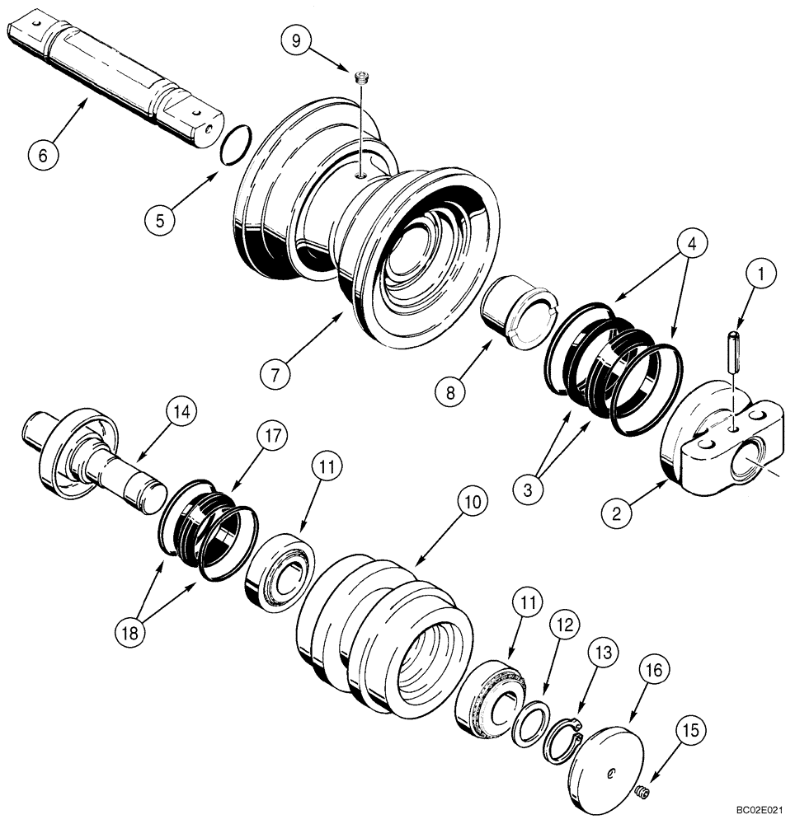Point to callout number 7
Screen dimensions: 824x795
[x=275, y=374]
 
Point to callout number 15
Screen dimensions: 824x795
[x=692, y=729]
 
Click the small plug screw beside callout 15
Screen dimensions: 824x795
[x=642, y=793]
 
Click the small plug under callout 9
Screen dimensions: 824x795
[x=360, y=79]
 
